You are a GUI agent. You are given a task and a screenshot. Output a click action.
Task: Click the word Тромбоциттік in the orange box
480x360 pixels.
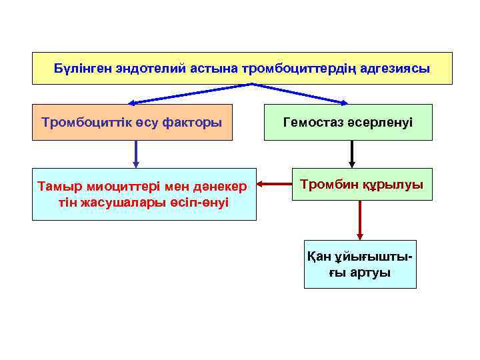coord(85,123)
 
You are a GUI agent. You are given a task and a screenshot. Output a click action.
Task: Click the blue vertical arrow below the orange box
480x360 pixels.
coord(136,153)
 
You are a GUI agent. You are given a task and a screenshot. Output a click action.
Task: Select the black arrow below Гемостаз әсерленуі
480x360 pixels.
coord(352,153)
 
